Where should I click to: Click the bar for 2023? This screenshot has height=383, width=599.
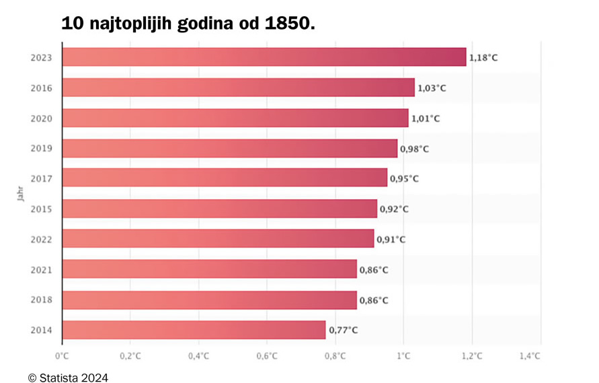pyautogui.click(x=264, y=57)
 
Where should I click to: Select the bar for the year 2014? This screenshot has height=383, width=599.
pyautogui.click(x=194, y=330)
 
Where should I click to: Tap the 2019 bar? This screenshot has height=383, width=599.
pyautogui.click(x=229, y=148)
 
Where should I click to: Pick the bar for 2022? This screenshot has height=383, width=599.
pyautogui.click(x=218, y=239)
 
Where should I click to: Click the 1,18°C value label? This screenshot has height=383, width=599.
pyautogui.click(x=483, y=58)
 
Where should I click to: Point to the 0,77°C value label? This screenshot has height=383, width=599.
pyautogui.click(x=343, y=330)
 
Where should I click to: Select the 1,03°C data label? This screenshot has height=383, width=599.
pyautogui.click(x=432, y=88)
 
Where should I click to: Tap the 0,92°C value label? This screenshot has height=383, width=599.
pyautogui.click(x=394, y=209)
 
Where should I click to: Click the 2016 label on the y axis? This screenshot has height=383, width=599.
pyautogui.click(x=42, y=88)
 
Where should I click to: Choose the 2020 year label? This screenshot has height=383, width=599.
pyautogui.click(x=42, y=118)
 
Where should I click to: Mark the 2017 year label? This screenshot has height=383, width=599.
pyautogui.click(x=42, y=178)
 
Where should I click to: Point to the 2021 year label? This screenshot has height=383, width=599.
pyautogui.click(x=42, y=270)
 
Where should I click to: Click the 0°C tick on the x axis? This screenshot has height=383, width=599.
pyautogui.click(x=62, y=356)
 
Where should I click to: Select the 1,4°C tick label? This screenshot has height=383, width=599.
pyautogui.click(x=530, y=356)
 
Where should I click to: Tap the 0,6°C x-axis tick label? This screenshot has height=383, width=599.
pyautogui.click(x=267, y=356)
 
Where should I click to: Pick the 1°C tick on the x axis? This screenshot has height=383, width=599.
pyautogui.click(x=403, y=356)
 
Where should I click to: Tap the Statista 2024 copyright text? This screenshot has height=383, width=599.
pyautogui.click(x=68, y=378)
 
